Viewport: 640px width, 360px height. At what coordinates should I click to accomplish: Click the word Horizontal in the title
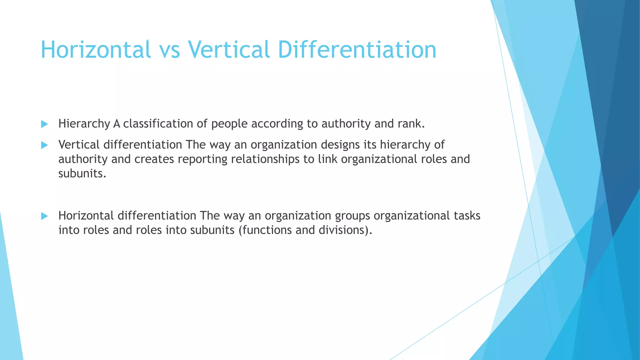(x=96, y=50)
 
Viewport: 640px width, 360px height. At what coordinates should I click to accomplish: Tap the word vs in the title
(x=169, y=50)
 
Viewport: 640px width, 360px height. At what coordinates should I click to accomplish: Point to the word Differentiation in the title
(x=357, y=50)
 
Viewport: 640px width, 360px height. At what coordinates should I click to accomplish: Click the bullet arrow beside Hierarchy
(x=44, y=124)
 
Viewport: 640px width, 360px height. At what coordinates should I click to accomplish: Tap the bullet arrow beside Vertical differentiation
(x=44, y=145)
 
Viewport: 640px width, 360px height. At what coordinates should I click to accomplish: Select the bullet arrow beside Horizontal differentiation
(x=44, y=216)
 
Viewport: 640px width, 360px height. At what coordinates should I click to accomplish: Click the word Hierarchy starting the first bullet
(x=84, y=124)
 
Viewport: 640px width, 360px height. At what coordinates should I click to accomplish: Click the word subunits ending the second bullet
(x=82, y=173)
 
